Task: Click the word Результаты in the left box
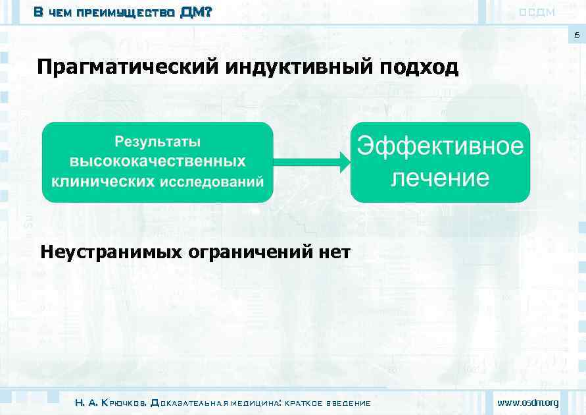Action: click(x=158, y=142)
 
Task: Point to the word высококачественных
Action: click(x=158, y=161)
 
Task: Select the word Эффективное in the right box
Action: click(x=440, y=146)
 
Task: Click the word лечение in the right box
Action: click(x=440, y=178)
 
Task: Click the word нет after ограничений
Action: click(x=333, y=252)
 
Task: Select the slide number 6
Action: click(x=576, y=36)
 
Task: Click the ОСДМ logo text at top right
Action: click(x=537, y=12)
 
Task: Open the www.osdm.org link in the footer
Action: click(x=528, y=402)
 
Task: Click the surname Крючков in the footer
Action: click(x=125, y=402)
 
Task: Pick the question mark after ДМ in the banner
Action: click(x=208, y=12)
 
